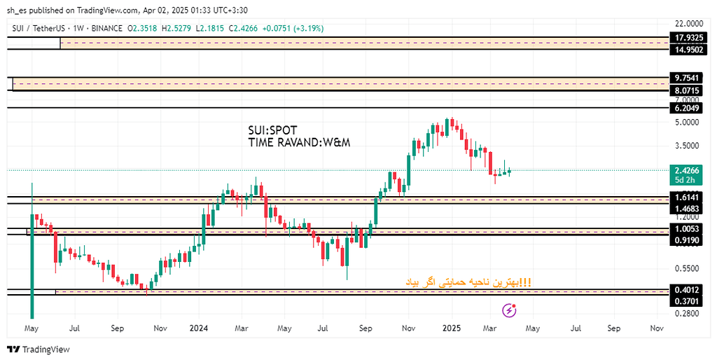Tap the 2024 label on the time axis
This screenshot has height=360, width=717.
(x=199, y=328)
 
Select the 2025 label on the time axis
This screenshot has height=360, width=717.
(x=451, y=328)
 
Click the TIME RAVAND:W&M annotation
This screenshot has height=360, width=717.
(x=299, y=142)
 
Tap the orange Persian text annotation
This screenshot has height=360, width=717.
(x=468, y=282)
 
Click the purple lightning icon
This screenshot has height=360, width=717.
(x=510, y=309)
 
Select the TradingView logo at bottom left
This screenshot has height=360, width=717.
(x=39, y=349)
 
